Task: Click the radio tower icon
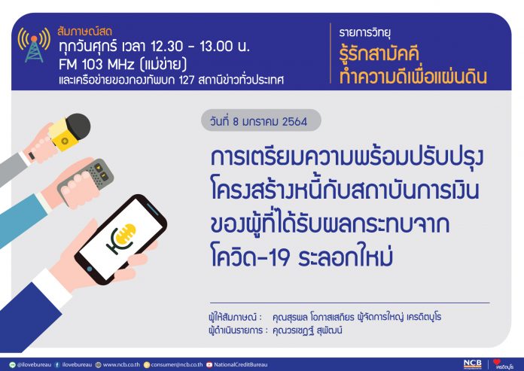[x=34, y=45]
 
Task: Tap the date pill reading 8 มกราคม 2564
[x=261, y=120]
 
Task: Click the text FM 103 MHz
[x=96, y=64]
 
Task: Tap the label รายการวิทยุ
[x=365, y=32]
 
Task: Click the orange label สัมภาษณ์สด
[x=85, y=32]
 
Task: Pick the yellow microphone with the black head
[x=69, y=132]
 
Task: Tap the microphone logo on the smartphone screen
[x=121, y=239]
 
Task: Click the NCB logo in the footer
[x=473, y=364]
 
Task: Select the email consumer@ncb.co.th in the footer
[x=176, y=365]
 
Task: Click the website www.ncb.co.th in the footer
[x=121, y=365]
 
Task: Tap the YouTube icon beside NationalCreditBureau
[x=209, y=365]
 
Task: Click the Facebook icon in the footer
[x=57, y=365]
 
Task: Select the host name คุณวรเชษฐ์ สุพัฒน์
[x=307, y=331]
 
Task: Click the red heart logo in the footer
[x=497, y=362]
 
